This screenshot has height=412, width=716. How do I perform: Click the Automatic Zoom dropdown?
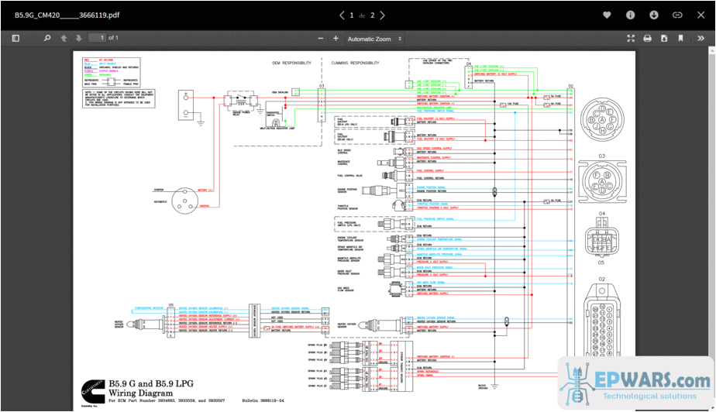375,39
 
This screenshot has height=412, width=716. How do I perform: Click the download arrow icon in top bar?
653,15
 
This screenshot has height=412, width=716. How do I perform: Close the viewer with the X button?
701,15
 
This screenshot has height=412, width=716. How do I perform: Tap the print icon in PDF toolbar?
647,39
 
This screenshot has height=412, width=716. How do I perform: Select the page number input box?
97,38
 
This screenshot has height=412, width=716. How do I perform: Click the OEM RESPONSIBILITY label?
291,62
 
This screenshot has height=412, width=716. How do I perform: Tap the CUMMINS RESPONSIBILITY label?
354,62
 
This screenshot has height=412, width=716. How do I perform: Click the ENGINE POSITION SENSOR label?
348,189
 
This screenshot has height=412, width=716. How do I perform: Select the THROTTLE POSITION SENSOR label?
348,208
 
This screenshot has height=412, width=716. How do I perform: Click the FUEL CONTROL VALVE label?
349,176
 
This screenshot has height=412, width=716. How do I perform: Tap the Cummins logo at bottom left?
91,389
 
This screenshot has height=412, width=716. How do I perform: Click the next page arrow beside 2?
382,15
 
